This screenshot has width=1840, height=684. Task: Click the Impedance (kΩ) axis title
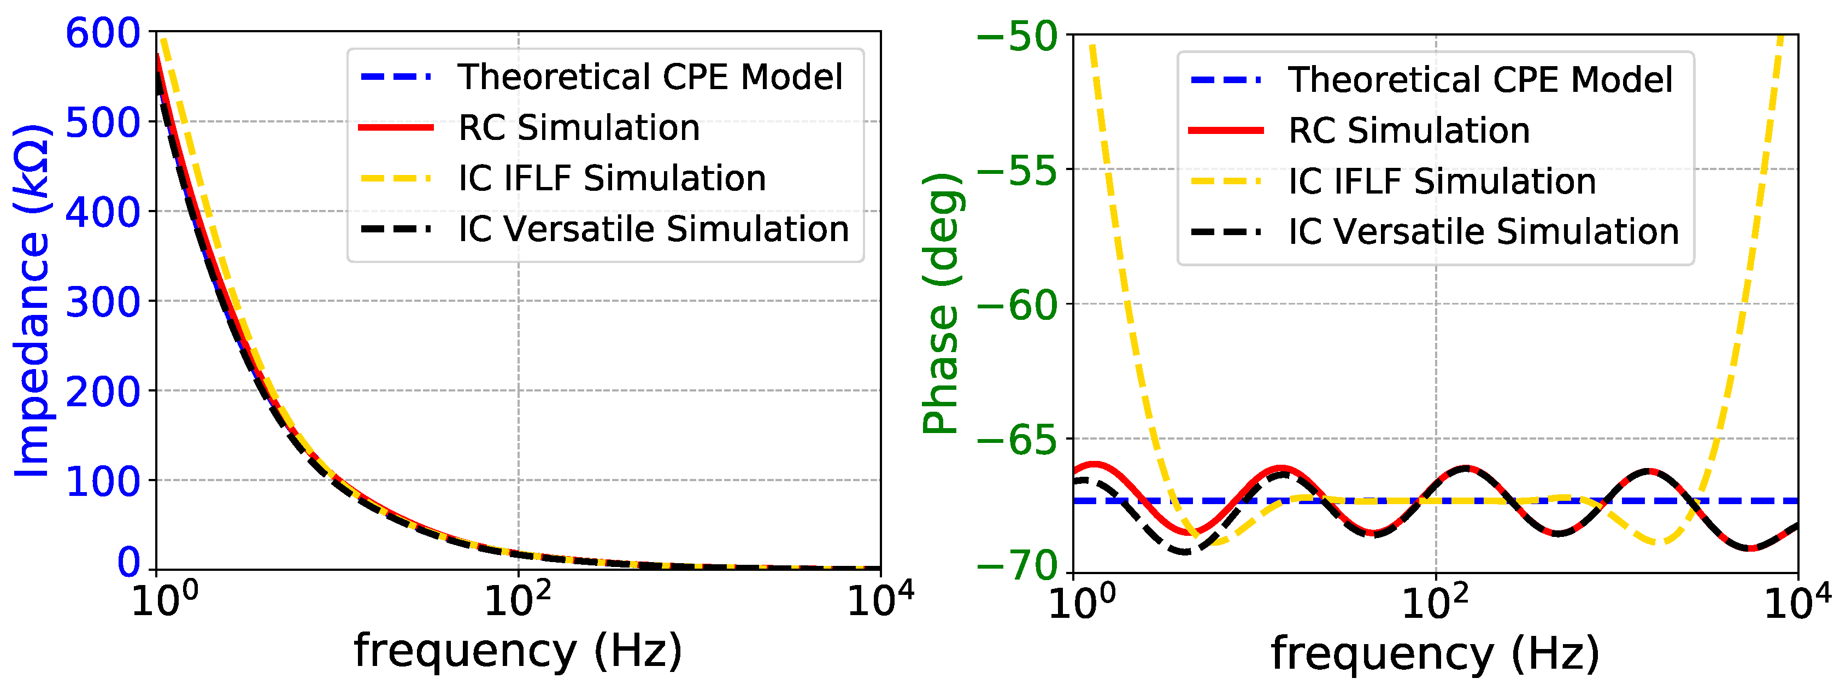[32, 300]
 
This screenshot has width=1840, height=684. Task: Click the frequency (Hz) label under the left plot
[518, 651]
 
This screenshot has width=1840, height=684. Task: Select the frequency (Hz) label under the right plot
[1435, 652]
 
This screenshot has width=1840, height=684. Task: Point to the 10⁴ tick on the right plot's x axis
[1796, 602]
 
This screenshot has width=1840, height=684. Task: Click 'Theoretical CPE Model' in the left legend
[650, 77]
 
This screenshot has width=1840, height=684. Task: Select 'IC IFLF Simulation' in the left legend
[612, 178]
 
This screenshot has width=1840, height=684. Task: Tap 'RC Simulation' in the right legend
[1409, 130]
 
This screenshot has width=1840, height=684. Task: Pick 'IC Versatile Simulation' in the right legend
[1483, 232]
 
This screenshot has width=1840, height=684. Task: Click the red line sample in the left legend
[396, 128]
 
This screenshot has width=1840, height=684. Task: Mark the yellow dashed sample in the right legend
[1226, 182]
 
